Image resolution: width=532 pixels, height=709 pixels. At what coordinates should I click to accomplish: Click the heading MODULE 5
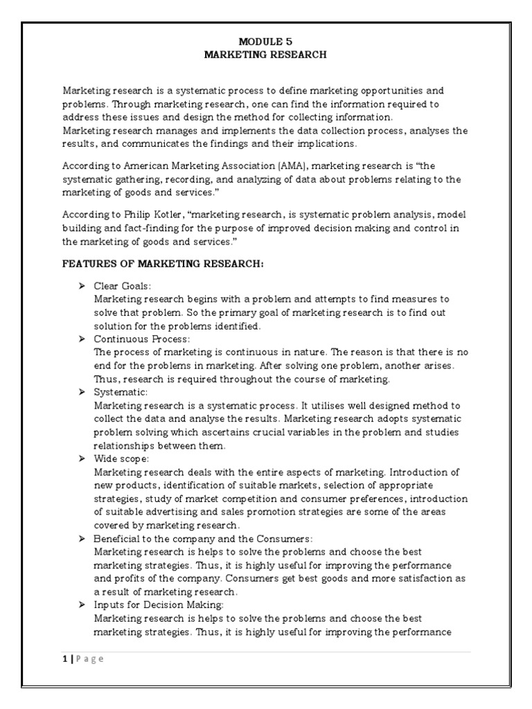(265, 42)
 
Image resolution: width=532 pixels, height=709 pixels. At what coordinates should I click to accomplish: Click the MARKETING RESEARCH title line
(265, 55)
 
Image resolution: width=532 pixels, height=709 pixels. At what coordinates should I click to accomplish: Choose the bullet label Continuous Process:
(141, 339)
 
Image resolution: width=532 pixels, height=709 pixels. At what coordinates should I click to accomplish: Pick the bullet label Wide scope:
(122, 458)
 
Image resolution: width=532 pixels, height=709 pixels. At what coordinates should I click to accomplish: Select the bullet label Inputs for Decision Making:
(157, 604)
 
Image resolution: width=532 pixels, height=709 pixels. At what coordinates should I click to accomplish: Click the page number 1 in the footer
(64, 659)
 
